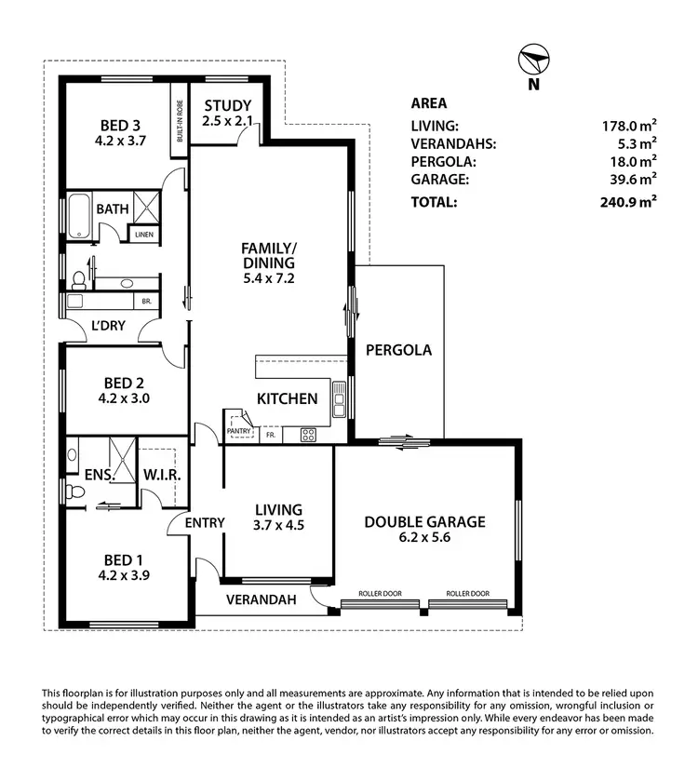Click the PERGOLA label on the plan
(x=398, y=351)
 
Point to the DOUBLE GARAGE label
(x=424, y=522)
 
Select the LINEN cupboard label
(x=143, y=235)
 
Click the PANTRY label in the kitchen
(x=239, y=430)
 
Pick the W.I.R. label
(x=161, y=475)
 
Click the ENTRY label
(x=204, y=523)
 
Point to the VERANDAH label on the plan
(x=262, y=600)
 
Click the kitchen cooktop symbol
(x=308, y=434)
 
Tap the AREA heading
(x=428, y=103)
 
